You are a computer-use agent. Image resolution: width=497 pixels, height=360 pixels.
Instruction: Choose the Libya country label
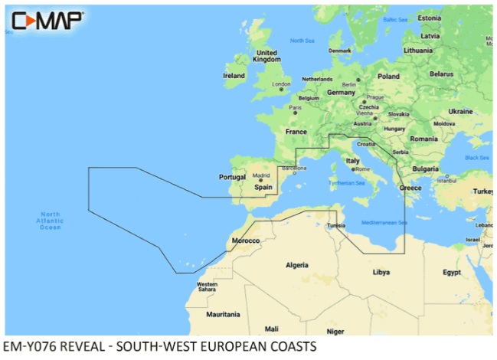[381, 272]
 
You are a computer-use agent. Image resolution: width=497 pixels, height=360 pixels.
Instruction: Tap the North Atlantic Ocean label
[50, 221]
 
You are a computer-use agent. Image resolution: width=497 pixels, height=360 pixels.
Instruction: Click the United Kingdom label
[266, 56]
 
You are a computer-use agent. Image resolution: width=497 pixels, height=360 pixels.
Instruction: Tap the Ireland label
[234, 76]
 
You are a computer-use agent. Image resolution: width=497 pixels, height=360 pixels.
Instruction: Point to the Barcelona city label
[294, 167]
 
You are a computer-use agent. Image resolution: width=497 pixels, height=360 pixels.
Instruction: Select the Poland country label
[388, 77]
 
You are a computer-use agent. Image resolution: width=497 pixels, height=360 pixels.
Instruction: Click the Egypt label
[451, 272]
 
